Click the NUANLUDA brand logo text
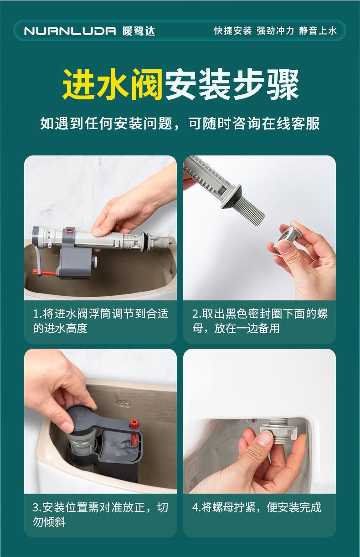pyautogui.click(x=70, y=31)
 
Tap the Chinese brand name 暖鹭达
pyautogui.click(x=139, y=31)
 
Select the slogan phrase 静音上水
pyautogui.click(x=318, y=31)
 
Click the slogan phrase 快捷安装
pyautogui.click(x=233, y=31)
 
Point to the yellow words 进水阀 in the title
pyautogui.click(x=113, y=84)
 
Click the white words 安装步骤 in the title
pyautogui.click(x=231, y=84)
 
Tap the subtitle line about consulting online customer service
pyautogui.click(x=180, y=124)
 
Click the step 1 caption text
pyautogui.click(x=101, y=321)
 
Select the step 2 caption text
pyautogui.click(x=260, y=321)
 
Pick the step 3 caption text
pyautogui.click(x=100, y=514)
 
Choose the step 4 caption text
pyautogui.click(x=257, y=507)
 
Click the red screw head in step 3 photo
pyautogui.click(x=134, y=423)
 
